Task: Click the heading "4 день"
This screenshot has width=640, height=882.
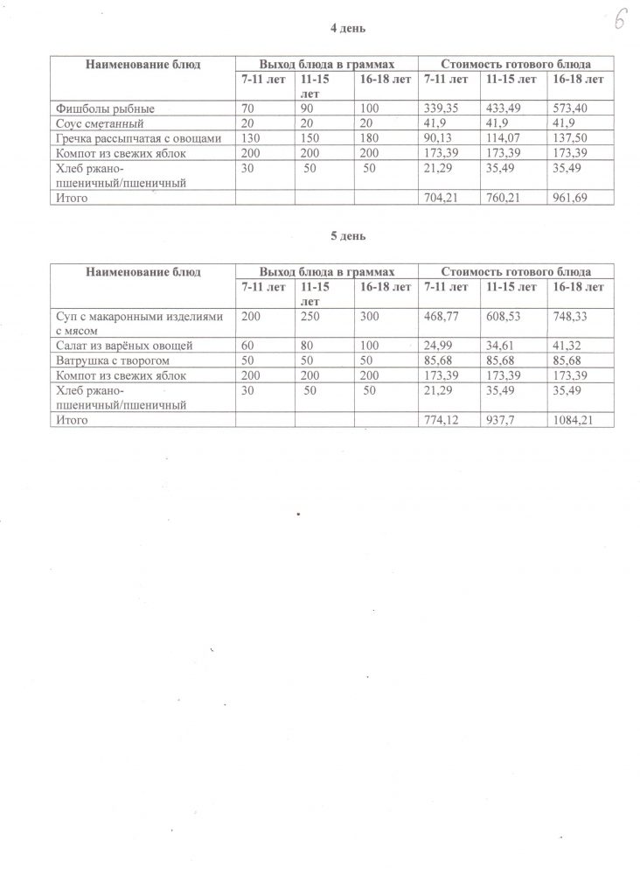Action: (347, 28)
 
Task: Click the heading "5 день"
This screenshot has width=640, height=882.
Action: (347, 236)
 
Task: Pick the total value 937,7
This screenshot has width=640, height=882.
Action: (503, 420)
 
